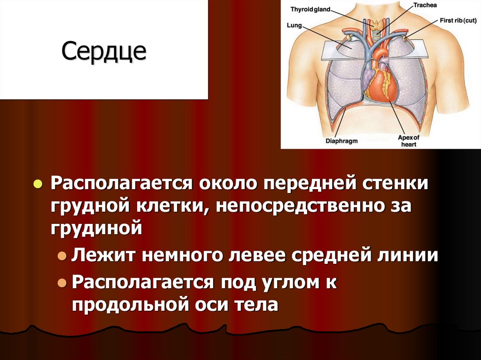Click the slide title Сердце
tap(104, 51)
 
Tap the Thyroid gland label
tap(310, 9)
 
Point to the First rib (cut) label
tap(460, 21)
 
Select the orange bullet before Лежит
tap(62, 256)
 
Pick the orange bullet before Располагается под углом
tap(62, 283)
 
